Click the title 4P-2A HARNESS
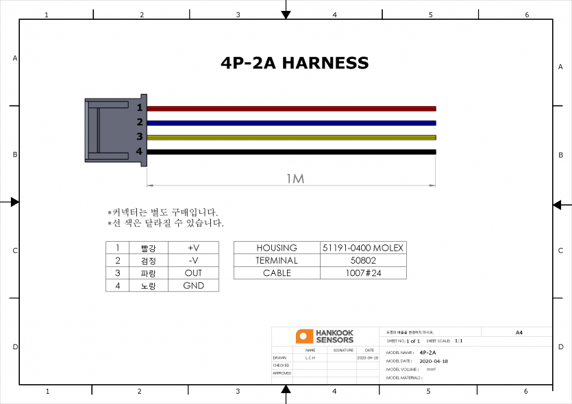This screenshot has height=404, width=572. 295,63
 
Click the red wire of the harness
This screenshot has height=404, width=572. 291,108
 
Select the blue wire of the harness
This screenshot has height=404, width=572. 291,123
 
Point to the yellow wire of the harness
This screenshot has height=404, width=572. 291,138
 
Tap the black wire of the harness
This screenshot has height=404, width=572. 291,152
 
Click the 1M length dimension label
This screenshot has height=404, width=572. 295,179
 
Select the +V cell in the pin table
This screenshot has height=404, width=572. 193,248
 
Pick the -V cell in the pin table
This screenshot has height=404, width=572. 193,260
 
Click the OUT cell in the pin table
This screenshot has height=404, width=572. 193,273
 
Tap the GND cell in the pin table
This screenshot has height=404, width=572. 193,286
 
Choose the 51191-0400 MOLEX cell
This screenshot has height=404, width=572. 363,248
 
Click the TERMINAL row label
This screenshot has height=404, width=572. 277,260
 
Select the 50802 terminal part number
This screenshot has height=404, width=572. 363,260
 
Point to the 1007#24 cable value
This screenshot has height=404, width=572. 363,273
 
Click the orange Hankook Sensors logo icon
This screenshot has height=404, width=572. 304,336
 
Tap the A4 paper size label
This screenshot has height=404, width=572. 519,332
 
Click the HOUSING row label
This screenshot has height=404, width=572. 277,248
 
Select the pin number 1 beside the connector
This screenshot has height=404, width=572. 139,108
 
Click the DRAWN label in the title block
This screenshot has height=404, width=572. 279,357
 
